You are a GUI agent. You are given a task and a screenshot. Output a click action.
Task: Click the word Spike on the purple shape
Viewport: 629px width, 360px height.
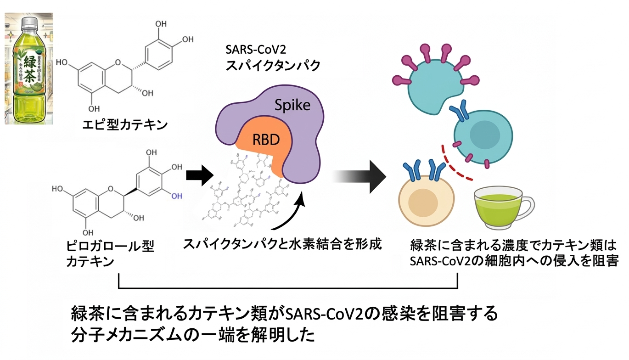point(292,106)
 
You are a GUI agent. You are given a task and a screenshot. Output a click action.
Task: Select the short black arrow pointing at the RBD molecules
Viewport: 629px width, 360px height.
point(200,175)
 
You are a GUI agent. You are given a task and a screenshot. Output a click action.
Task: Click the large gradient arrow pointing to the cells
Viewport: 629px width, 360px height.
point(363,176)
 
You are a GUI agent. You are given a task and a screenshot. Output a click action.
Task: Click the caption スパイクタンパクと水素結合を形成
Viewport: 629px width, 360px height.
point(282,244)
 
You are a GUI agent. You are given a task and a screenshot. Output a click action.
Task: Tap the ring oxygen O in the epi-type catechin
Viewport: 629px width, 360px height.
point(118,63)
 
